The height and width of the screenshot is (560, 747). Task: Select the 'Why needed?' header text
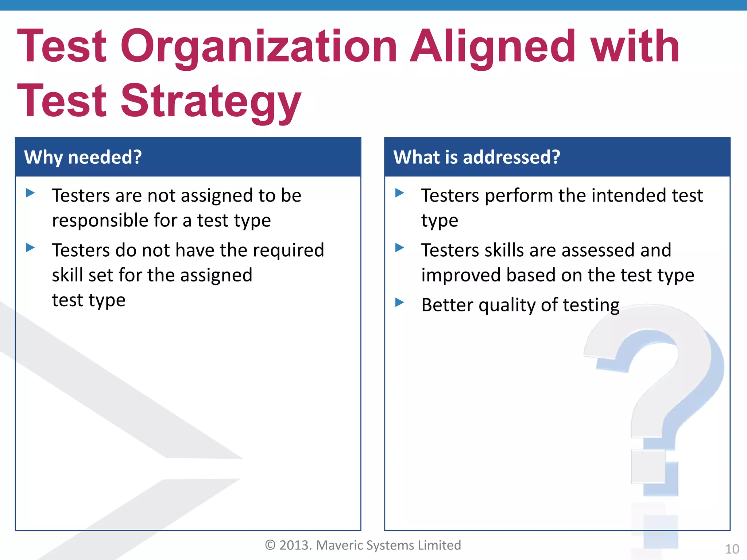(x=83, y=157)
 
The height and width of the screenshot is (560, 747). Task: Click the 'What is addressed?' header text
(x=476, y=157)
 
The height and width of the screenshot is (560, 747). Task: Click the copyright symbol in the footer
(x=270, y=545)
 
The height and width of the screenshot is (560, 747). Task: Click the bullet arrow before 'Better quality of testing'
(x=399, y=302)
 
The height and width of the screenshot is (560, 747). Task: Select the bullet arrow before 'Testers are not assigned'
(x=30, y=193)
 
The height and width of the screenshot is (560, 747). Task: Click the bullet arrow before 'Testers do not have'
(x=30, y=248)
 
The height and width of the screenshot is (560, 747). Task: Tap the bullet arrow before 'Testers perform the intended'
(x=399, y=193)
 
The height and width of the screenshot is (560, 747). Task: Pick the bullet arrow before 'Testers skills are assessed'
(x=399, y=248)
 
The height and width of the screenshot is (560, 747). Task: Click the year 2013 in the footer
(x=295, y=545)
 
